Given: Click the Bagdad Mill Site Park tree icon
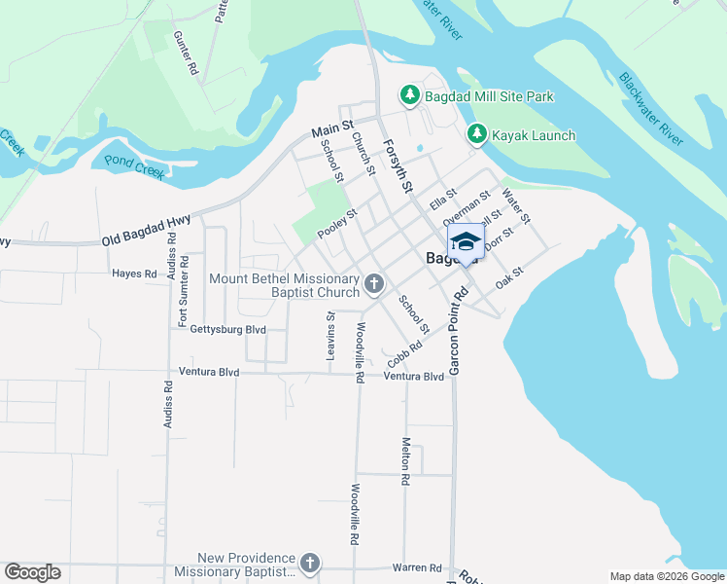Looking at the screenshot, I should click(x=410, y=95).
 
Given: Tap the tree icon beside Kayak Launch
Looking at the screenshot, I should click(x=476, y=134).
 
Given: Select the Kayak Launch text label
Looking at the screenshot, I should click(x=534, y=135).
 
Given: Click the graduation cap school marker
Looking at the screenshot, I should click(x=465, y=241).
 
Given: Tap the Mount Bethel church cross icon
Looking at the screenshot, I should click(x=373, y=284).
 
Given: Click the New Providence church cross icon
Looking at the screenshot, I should click(x=309, y=564).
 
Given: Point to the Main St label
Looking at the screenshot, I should click(x=332, y=129).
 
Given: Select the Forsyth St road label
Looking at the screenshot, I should click(x=398, y=165).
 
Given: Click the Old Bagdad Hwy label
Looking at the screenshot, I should click(x=145, y=228).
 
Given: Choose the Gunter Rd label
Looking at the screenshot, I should click(x=185, y=53).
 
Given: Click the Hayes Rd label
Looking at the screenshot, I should click(x=134, y=274).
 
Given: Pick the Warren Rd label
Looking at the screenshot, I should click(x=417, y=567).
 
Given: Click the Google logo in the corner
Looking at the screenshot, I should click(x=32, y=572).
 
